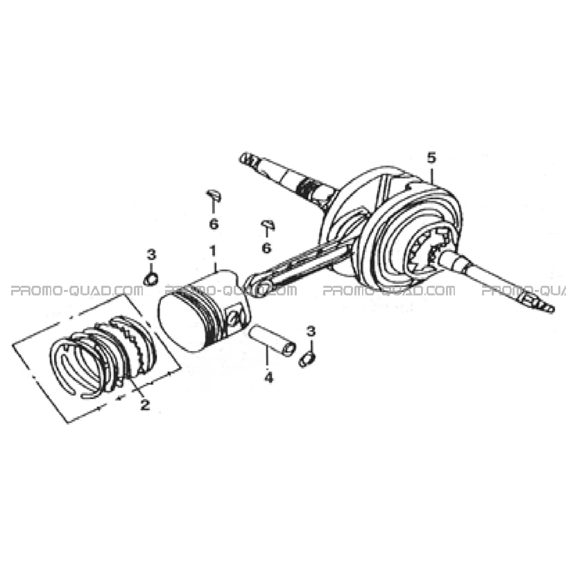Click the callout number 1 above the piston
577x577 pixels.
point(213,252)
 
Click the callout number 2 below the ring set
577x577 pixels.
point(145,405)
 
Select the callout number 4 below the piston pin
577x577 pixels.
point(269,377)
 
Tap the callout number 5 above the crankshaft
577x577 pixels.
point(431,158)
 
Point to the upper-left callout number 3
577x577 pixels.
point(151,255)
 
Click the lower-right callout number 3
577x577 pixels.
point(311,331)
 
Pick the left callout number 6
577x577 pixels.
point(214,223)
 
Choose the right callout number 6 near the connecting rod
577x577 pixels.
point(266,248)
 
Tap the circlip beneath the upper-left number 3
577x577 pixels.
point(151,279)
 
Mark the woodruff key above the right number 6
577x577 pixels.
point(268,225)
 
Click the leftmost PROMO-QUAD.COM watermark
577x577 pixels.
point(76,291)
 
